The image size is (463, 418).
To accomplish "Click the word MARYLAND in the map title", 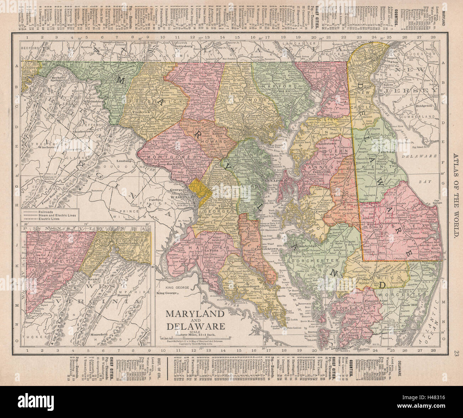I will point(194,314).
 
